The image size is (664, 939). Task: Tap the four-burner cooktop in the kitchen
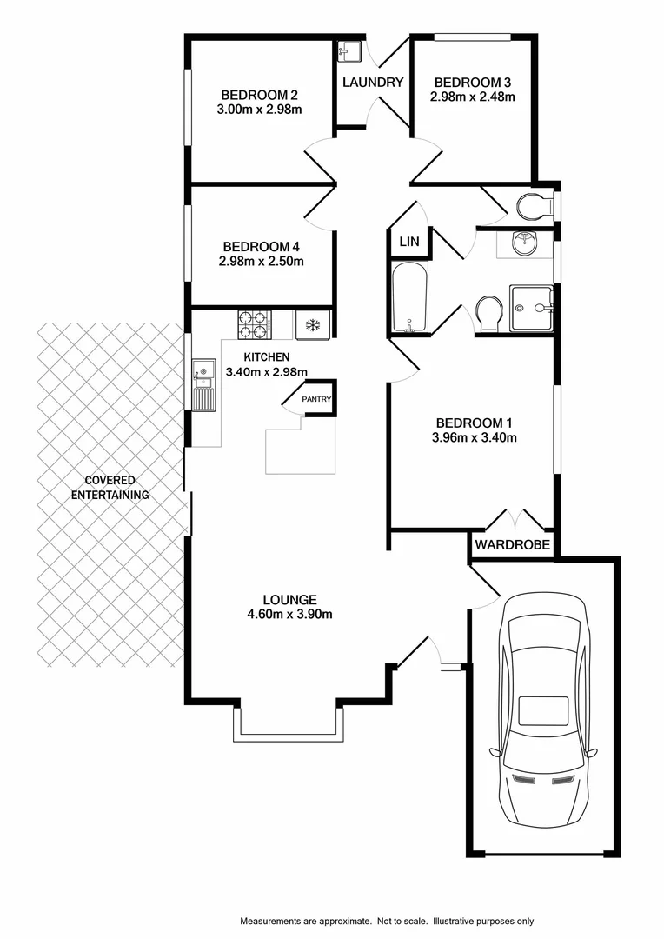pos(254,324)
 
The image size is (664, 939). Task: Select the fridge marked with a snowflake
pos(312,324)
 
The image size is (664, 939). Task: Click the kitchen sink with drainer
pos(203,386)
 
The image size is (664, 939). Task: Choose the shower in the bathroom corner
pos(531,308)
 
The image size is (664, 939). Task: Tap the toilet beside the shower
pos(488,313)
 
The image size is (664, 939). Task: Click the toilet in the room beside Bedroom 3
pos(531,207)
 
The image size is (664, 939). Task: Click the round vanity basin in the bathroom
pos(524,244)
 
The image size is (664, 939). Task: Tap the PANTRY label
pos(316,399)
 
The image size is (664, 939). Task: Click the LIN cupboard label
pos(408,242)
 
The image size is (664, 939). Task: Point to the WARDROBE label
pos(513,545)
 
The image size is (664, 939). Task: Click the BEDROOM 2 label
pos(260,95)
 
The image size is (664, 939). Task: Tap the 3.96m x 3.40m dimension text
pos(475,437)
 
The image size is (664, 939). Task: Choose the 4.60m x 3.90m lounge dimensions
pos(289,614)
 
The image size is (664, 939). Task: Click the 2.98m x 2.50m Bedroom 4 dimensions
pos(262,261)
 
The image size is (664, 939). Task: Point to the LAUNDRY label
pos(373,83)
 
